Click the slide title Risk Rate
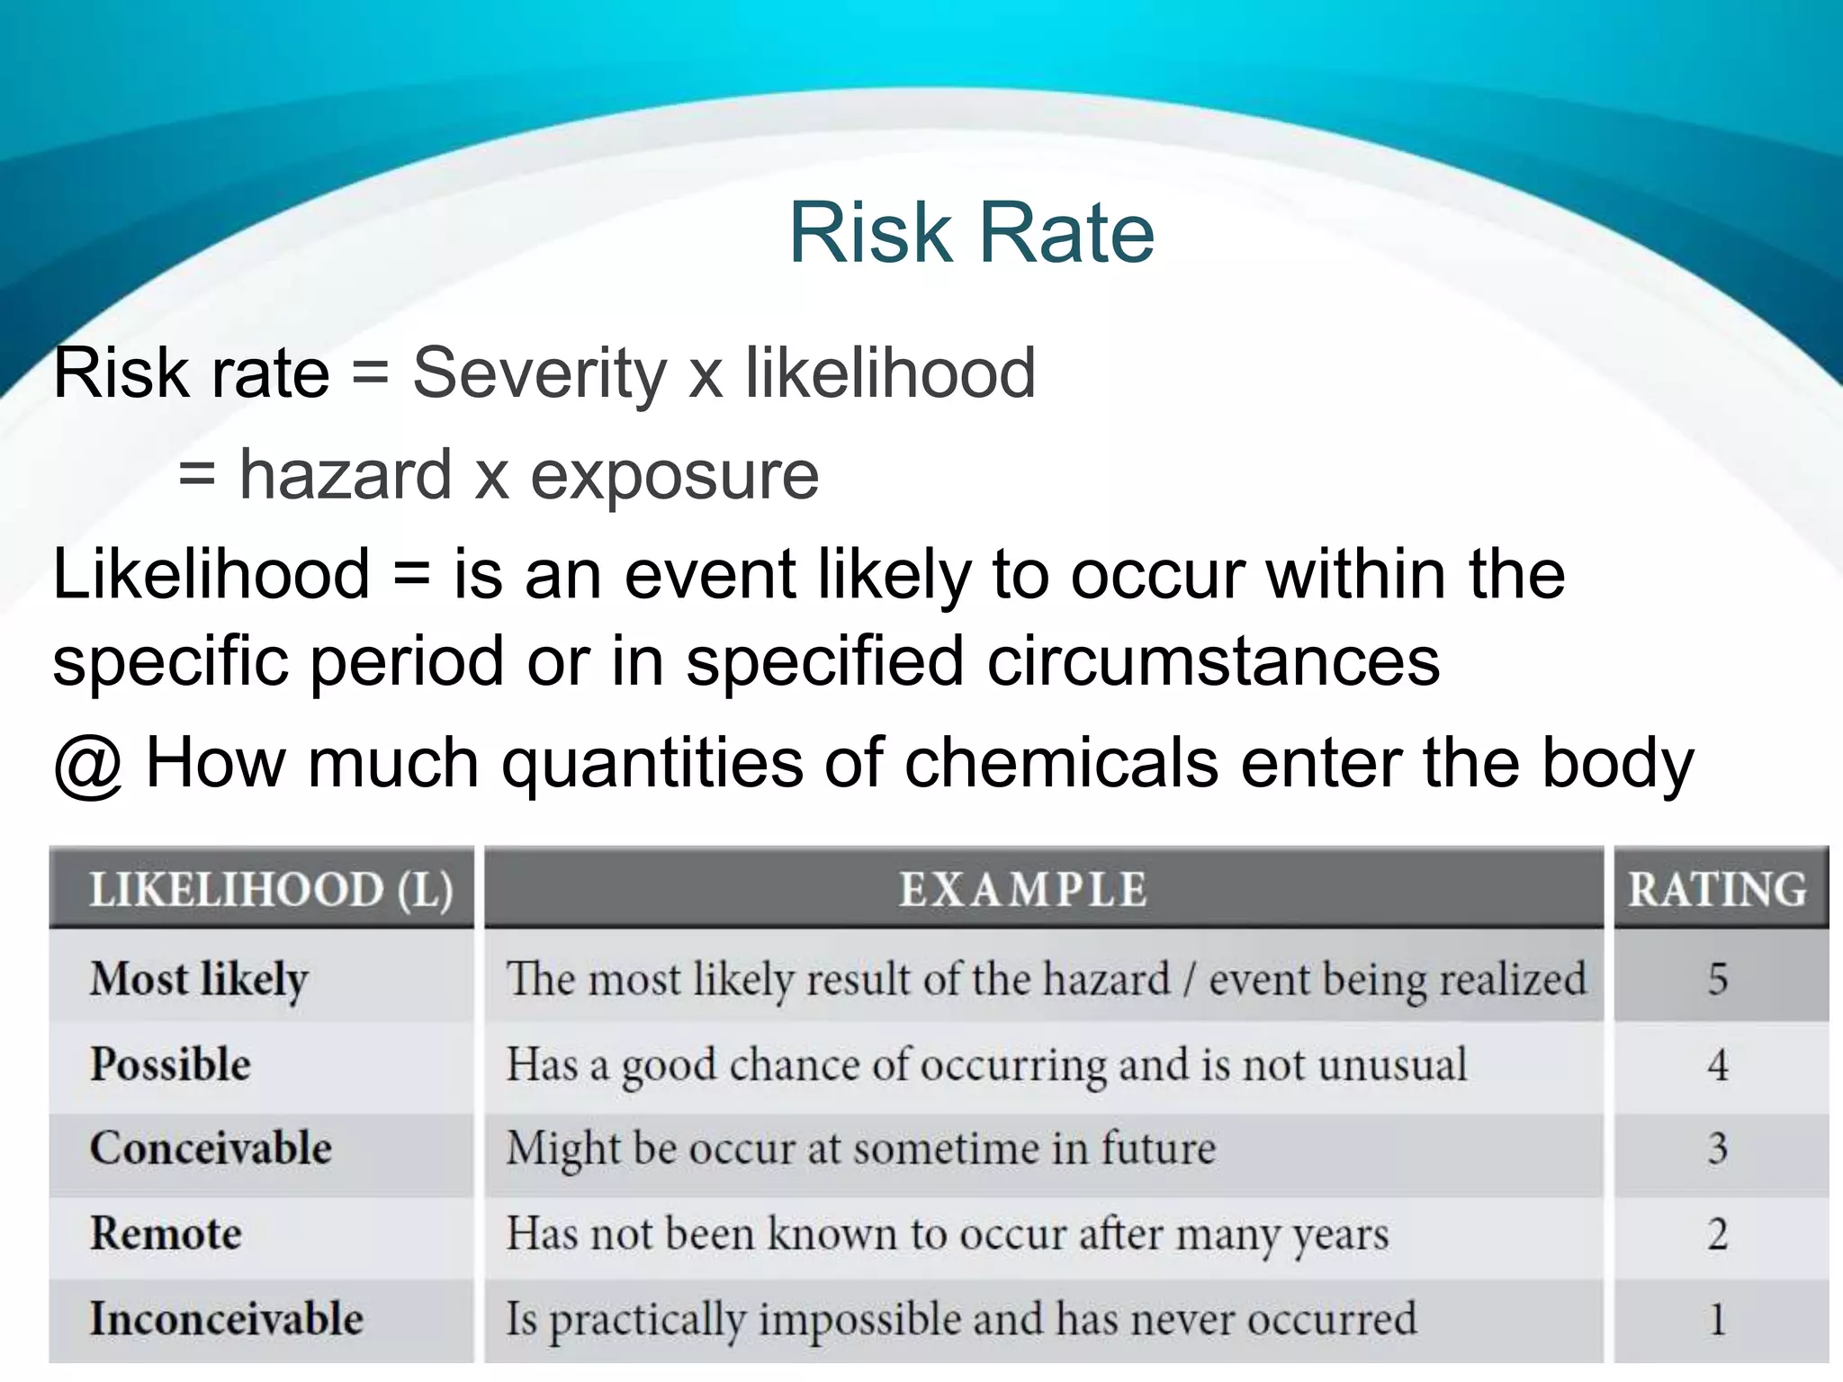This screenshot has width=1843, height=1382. (971, 233)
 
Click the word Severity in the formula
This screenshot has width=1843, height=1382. (539, 372)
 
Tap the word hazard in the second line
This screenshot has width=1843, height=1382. (345, 474)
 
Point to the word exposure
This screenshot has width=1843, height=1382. (675, 476)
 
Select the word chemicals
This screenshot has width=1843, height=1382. (1060, 762)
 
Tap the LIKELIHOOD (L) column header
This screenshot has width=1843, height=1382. (271, 890)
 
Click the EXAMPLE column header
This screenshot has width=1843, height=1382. (1023, 890)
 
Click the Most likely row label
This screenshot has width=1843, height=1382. (199, 978)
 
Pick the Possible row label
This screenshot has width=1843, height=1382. (170, 1063)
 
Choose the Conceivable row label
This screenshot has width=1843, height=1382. (211, 1148)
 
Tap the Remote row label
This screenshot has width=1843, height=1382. (166, 1233)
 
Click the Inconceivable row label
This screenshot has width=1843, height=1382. (227, 1318)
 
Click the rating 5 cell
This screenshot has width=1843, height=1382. (1718, 978)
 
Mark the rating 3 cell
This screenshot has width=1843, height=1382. (1718, 1148)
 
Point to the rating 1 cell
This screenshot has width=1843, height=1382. (1718, 1319)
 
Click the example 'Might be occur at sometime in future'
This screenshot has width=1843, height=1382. (860, 1149)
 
